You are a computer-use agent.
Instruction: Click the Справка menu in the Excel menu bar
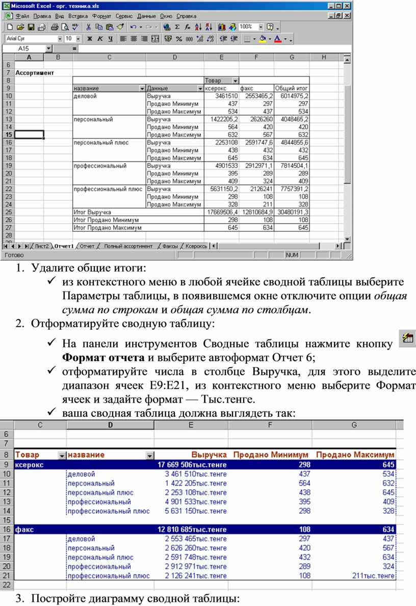point(186,16)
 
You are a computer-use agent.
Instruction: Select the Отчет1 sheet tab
point(64,246)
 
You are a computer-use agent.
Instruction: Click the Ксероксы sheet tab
point(196,246)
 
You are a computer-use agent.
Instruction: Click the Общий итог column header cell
point(292,88)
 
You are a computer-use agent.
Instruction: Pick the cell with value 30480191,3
point(292,212)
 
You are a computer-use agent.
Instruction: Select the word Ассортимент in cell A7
point(35,73)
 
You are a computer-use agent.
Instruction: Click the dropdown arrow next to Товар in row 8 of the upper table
point(235,81)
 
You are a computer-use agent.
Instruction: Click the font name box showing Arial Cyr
point(31,38)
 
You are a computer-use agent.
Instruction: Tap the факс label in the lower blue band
point(25,530)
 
